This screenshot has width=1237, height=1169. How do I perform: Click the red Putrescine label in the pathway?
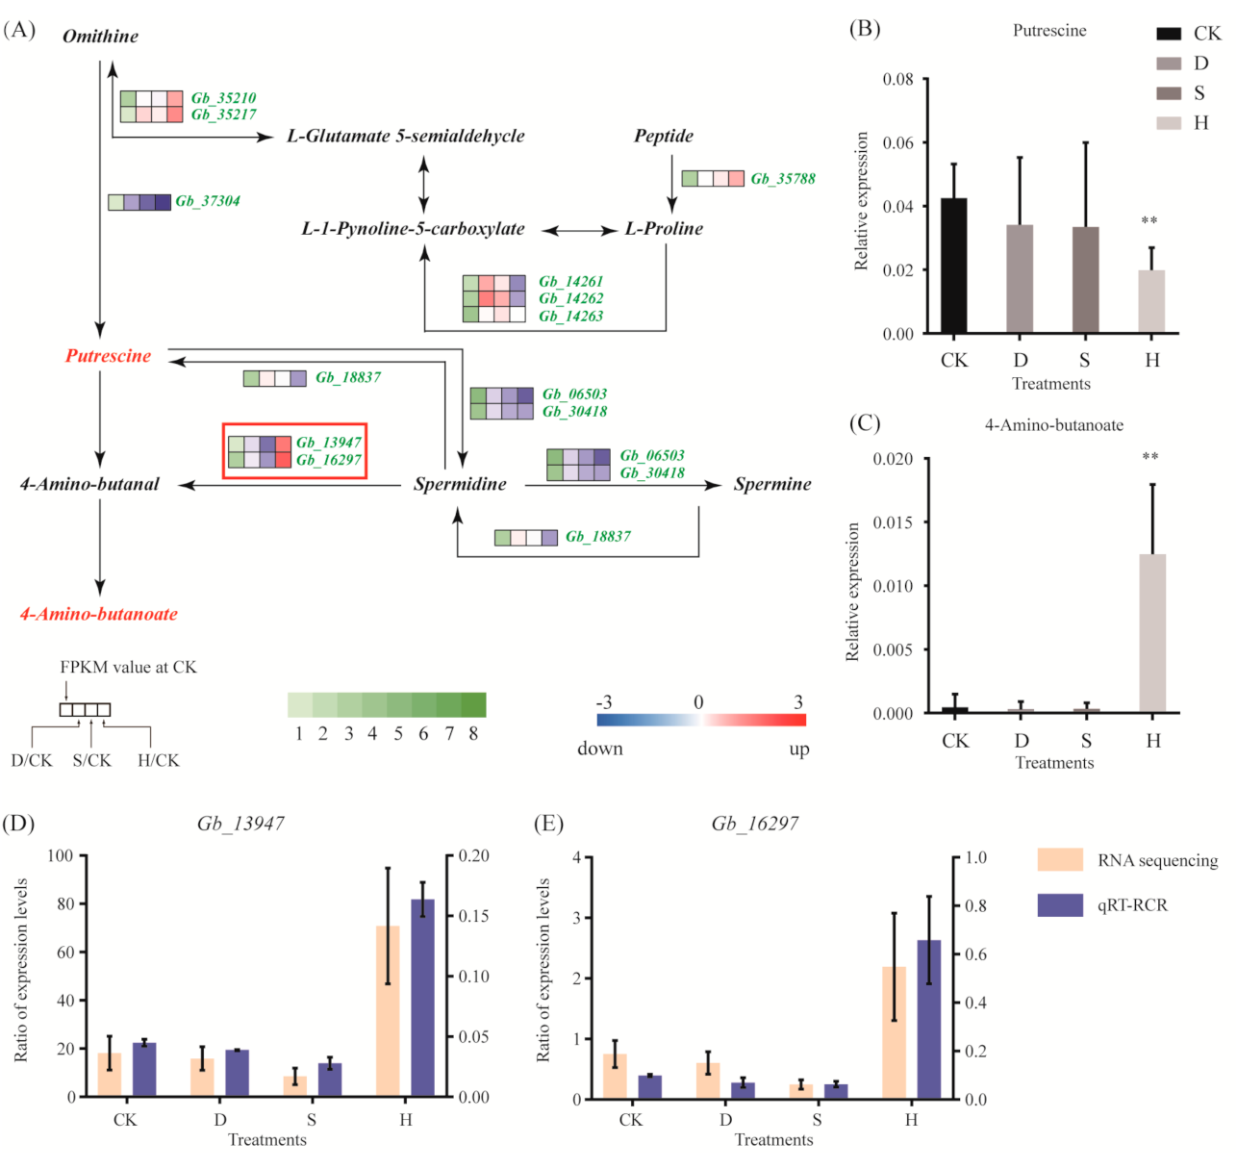tap(108, 356)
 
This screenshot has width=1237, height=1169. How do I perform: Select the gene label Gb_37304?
tap(207, 201)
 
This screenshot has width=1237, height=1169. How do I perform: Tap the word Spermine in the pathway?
tap(771, 484)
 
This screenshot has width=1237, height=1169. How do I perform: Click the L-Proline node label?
tap(664, 229)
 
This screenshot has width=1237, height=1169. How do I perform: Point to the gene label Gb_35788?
tap(782, 179)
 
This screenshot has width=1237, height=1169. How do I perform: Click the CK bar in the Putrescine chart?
tap(953, 267)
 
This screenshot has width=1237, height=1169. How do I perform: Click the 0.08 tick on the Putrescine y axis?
tap(898, 79)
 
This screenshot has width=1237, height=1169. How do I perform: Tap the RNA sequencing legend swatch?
tap(1060, 859)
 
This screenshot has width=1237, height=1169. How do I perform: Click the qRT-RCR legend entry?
tap(1131, 905)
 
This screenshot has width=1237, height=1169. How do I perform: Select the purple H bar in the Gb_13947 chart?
tap(422, 998)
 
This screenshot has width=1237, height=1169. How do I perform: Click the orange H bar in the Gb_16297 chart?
tap(894, 1032)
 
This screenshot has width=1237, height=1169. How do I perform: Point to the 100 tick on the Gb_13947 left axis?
tap(60, 855)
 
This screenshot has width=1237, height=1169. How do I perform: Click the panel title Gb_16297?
tap(754, 824)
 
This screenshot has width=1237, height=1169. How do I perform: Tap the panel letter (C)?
tap(865, 423)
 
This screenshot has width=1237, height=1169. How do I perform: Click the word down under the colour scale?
tap(599, 749)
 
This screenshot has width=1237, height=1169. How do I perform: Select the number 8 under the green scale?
tap(473, 734)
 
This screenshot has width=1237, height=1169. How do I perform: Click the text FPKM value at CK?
tap(128, 667)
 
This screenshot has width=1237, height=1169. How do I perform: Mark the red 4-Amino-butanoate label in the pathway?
tap(99, 614)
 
